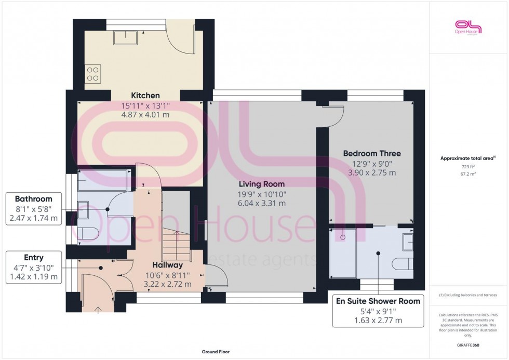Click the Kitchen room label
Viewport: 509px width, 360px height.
[x=145, y=96]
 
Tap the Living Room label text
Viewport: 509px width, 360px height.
[x=261, y=184]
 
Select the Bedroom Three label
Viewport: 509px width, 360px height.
[x=371, y=154]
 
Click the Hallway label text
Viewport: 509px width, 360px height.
[x=167, y=264]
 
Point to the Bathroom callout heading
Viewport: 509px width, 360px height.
[x=33, y=199]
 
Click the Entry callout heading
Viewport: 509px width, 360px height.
[x=33, y=258]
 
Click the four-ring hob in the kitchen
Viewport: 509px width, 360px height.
[x=93, y=73]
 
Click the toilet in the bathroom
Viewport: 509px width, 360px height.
[x=84, y=234]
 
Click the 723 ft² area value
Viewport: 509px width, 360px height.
[x=468, y=166]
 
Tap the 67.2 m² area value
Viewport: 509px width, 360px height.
[x=468, y=175]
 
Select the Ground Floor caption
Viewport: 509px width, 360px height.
[x=216, y=352]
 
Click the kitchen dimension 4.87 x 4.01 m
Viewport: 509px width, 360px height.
[x=145, y=115]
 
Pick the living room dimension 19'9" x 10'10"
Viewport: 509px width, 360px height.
[x=261, y=194]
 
